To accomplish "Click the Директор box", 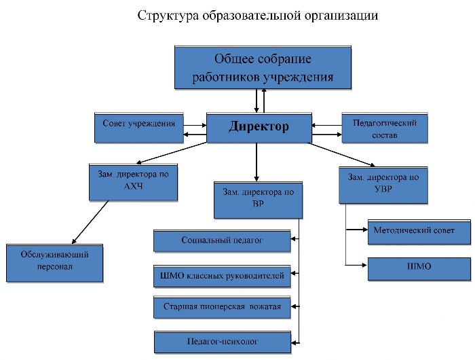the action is (259, 128).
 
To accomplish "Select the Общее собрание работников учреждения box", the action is (263, 68).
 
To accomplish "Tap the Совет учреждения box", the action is (139, 128).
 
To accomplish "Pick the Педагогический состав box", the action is (385, 128).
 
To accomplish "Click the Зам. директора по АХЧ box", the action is (133, 182).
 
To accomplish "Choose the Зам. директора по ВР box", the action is (258, 200).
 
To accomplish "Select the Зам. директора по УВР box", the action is (383, 185).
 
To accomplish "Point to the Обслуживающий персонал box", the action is (54, 263).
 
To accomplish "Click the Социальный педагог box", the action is (222, 241).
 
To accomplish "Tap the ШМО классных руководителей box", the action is (222, 276).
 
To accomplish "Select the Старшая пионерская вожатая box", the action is (222, 307).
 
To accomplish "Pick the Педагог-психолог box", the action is (223, 342).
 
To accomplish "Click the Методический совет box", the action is (419, 232).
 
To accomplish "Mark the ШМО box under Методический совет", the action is (419, 269).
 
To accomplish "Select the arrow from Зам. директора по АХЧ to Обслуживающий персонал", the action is (90, 222).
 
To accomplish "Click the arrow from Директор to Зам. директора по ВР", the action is (256, 162).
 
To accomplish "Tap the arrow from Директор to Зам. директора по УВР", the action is (341, 155).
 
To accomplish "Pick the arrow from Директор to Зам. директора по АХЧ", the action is (172, 153).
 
